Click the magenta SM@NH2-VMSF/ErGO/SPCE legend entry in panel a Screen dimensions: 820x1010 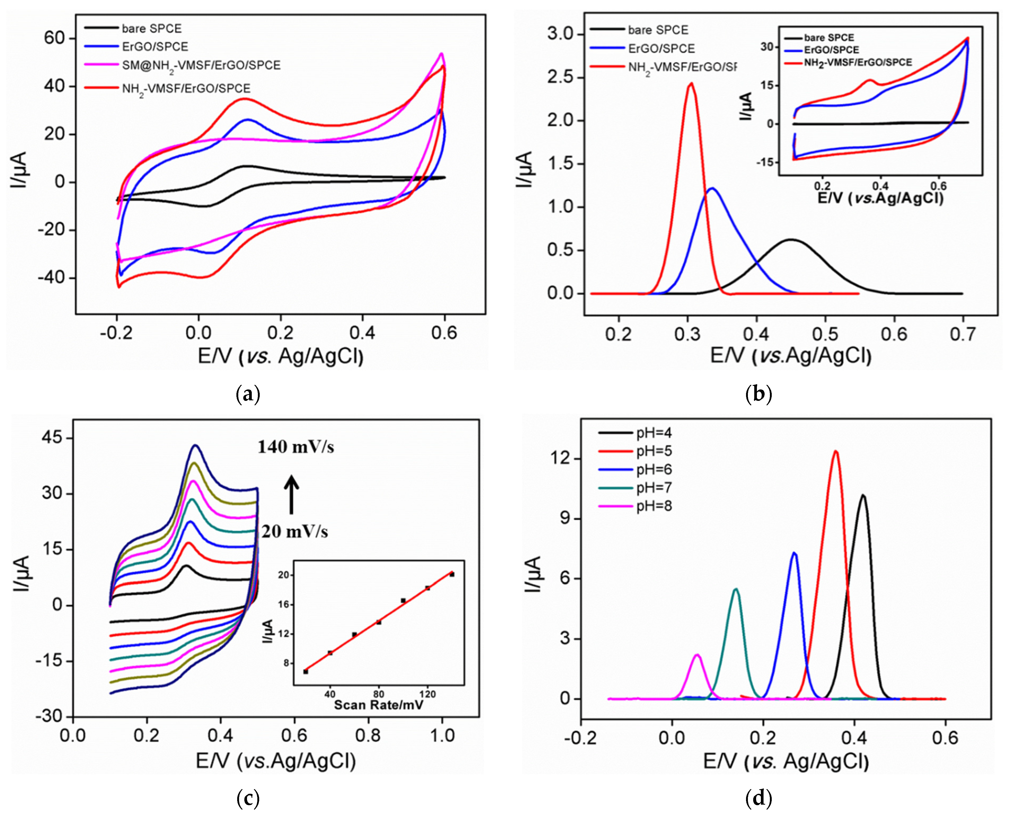pyautogui.click(x=201, y=65)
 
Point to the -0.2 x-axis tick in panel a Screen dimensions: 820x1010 pyautogui.click(x=116, y=334)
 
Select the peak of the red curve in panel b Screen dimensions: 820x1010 pyautogui.click(x=691, y=84)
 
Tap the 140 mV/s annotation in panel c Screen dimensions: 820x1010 pyautogui.click(x=296, y=447)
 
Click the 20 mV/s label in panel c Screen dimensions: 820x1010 pyautogui.click(x=295, y=532)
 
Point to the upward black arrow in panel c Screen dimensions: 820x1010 pyautogui.click(x=292, y=495)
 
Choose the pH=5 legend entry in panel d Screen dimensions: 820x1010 pyautogui.click(x=654, y=451)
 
